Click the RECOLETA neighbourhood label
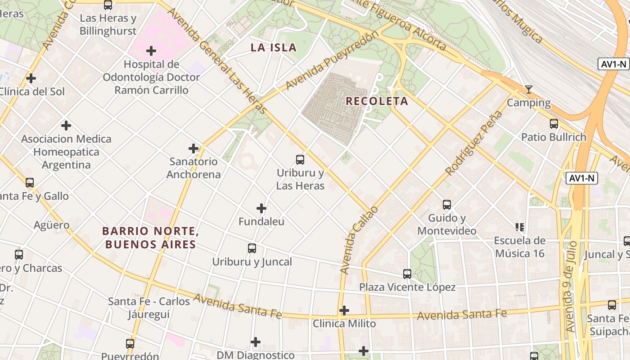377,101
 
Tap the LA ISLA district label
274,47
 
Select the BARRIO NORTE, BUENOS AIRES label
149,238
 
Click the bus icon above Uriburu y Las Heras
300,159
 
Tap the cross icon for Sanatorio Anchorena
193,148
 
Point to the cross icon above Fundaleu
261,208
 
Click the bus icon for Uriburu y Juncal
252,248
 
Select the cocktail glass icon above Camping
529,90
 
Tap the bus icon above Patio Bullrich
554,123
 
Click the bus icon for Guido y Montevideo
447,204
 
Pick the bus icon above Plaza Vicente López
407,274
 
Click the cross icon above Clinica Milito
344,310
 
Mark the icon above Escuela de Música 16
520,227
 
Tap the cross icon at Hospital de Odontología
151,50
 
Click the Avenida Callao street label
359,240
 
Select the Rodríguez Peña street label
472,143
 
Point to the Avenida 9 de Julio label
570,292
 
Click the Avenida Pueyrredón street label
329,61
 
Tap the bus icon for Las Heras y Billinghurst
108,5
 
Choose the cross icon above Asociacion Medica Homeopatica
66,125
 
